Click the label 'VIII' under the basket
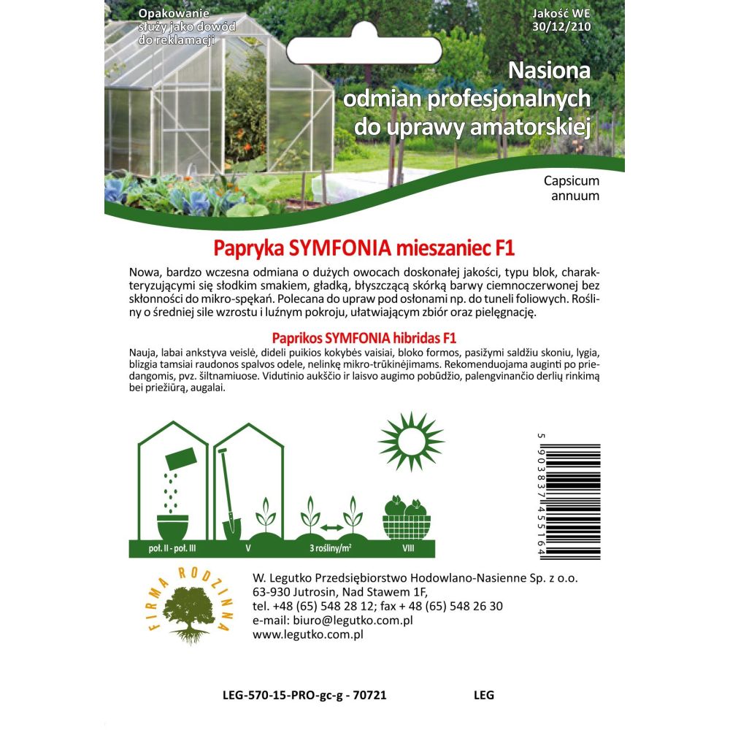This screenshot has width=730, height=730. click(407, 547)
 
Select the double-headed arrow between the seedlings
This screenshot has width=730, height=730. click(332, 527)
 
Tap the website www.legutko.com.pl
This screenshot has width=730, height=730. click(307, 634)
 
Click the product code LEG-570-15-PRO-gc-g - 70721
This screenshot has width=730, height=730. click(303, 695)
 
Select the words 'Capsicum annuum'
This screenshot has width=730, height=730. click(572, 188)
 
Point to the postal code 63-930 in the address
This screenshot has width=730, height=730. click(272, 591)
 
